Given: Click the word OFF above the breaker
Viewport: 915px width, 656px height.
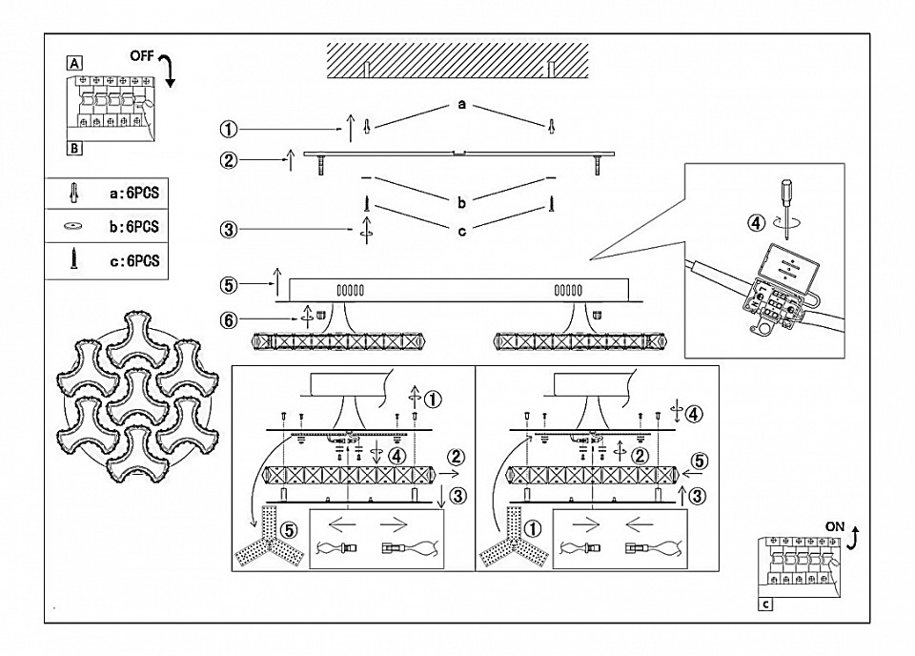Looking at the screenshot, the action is point(142,56).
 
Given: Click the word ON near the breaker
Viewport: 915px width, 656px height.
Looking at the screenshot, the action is point(835,526).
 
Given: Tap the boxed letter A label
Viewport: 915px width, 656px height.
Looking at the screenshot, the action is point(74,63).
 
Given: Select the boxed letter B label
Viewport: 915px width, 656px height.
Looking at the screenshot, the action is point(74,148).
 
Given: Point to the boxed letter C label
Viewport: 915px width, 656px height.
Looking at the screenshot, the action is point(765,605).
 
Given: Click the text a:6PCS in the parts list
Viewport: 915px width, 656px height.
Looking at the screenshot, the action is point(134,194).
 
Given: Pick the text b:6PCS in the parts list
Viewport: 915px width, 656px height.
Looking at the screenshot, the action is point(134,226).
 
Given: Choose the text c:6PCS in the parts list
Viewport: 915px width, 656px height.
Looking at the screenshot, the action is point(134,261).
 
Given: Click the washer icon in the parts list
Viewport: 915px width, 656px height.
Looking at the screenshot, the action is point(73,226).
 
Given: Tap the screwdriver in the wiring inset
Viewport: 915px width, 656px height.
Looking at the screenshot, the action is point(784,209).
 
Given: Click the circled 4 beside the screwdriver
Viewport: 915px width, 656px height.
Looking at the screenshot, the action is point(756,223).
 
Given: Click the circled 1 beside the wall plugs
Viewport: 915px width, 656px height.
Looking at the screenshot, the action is point(229,129).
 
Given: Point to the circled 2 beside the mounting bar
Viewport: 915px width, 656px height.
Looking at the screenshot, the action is point(229,160).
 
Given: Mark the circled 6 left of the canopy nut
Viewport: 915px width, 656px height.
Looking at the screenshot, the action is point(229,319).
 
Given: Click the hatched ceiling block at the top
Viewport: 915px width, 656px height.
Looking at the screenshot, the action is point(457,61).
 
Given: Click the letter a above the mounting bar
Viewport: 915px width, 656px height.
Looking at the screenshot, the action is point(461,105).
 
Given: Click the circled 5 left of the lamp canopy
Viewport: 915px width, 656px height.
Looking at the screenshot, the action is point(229,285).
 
